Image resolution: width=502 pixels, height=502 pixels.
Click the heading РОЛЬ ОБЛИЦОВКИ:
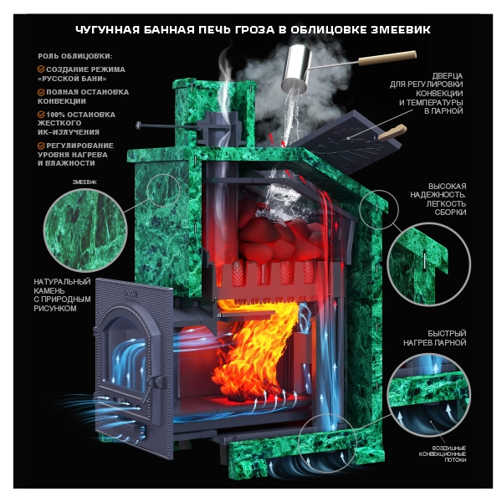[x=75, y=56]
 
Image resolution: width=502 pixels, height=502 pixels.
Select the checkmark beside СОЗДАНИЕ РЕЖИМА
[x=41, y=69]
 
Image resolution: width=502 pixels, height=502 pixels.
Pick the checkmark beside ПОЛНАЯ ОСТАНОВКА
[x=41, y=92]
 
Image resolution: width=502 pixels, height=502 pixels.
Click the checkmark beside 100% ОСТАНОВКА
[x=41, y=115]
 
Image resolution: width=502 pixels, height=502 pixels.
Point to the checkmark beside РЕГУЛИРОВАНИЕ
[x=41, y=146]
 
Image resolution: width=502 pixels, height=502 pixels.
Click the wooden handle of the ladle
[x=387, y=58]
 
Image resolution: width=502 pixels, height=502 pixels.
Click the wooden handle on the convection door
[x=392, y=132]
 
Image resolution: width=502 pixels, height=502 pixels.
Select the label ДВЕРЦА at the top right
[x=447, y=76]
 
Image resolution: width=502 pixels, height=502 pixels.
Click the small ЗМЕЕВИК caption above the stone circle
[x=85, y=182]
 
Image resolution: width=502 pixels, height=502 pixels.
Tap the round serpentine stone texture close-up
[x=85, y=230]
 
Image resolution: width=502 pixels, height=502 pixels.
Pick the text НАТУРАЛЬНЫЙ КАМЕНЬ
[x=62, y=286]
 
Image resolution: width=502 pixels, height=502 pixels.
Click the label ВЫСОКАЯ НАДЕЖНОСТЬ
[x=438, y=191]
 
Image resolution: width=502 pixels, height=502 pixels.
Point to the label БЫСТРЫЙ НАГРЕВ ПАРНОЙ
[x=434, y=338]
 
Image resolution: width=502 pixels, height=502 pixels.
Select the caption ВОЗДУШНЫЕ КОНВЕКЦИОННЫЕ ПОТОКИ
[x=443, y=454]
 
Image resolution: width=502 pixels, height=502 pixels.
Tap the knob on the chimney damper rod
[x=139, y=125]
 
